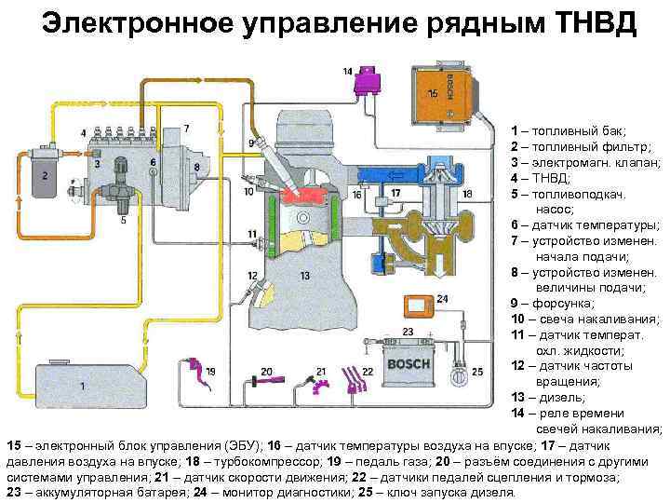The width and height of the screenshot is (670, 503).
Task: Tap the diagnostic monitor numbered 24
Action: click(418, 306)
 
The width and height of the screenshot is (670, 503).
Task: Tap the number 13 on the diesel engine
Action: click(305, 277)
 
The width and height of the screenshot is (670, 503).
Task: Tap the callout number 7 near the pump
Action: click(186, 128)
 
